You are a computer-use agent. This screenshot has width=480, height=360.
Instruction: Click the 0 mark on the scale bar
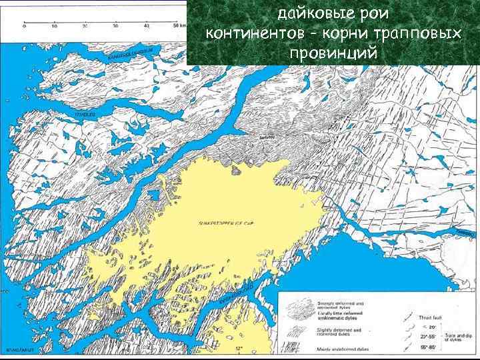tap(25, 26)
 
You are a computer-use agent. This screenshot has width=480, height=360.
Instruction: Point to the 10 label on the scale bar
tap(55, 26)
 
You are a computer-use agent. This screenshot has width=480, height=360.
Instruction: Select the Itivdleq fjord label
tap(85, 115)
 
